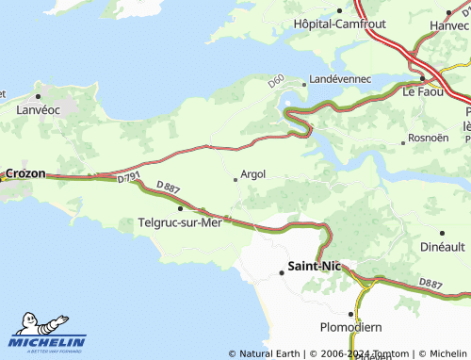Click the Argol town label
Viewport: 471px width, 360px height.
point(253,174)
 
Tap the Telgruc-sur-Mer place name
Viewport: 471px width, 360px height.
point(179,223)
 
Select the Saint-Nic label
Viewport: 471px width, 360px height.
point(316,268)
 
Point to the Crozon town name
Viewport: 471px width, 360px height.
point(25,174)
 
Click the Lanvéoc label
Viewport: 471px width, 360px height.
point(39,110)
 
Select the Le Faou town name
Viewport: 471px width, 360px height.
point(422,92)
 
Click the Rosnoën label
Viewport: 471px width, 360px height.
point(431,139)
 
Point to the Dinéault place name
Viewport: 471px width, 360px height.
point(441,246)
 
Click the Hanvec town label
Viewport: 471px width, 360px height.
point(448,25)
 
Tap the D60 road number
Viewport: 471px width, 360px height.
point(276,82)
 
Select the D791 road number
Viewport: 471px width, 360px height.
point(129,177)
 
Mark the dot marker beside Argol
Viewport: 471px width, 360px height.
point(235,178)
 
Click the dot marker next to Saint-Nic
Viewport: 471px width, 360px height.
point(281,273)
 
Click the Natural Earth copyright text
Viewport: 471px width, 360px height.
point(265,354)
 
